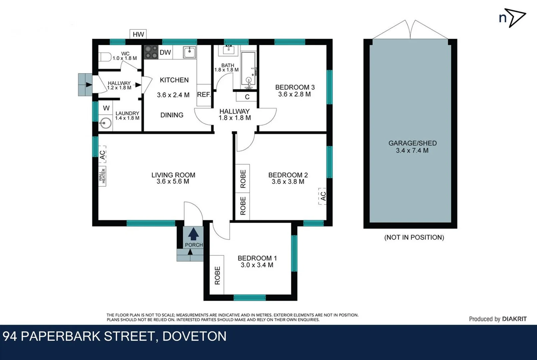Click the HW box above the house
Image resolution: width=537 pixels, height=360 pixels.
pos(138,34)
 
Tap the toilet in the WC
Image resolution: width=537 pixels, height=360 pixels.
pos(105,57)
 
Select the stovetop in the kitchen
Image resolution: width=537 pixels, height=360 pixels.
pos(151,52)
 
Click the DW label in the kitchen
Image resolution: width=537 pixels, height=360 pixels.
pos(165,52)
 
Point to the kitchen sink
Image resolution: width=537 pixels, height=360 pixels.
pos(189,52)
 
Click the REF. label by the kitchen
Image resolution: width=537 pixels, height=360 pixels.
pos(204,95)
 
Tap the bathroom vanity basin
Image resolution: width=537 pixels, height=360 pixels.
pos(229,50)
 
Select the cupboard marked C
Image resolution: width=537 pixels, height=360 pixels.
pos(247,97)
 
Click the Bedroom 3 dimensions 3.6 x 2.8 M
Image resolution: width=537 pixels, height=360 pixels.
pos(294,94)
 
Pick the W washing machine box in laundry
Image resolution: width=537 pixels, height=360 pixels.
pos(106,108)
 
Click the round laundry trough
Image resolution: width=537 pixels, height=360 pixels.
pos(105,123)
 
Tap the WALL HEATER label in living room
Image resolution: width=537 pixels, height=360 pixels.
pos(102,176)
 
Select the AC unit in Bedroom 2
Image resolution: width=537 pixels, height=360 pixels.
pos(322,196)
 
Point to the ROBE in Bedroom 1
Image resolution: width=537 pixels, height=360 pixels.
pos(217,275)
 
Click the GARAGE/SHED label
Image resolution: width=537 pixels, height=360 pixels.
pos(412,143)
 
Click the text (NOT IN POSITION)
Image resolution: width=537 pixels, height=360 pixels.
pos(414,237)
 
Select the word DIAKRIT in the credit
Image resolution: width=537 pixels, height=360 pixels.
pos(514,319)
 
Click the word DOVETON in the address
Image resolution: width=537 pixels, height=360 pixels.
pos(194,336)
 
